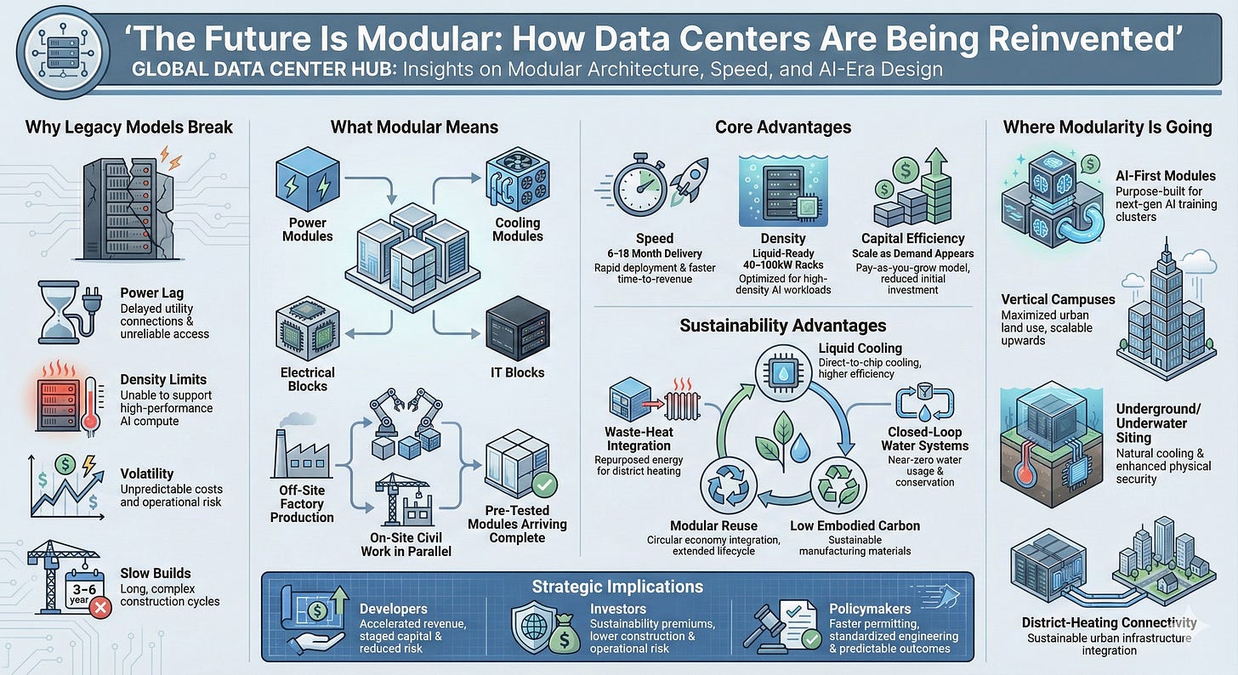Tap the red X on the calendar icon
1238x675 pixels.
point(101,607)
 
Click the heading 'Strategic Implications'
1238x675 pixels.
point(617,587)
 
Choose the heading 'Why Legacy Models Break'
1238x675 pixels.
point(129,128)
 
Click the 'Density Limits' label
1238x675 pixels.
point(163,379)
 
